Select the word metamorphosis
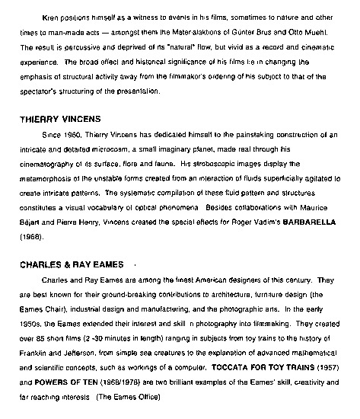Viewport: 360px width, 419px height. pos(48,180)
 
